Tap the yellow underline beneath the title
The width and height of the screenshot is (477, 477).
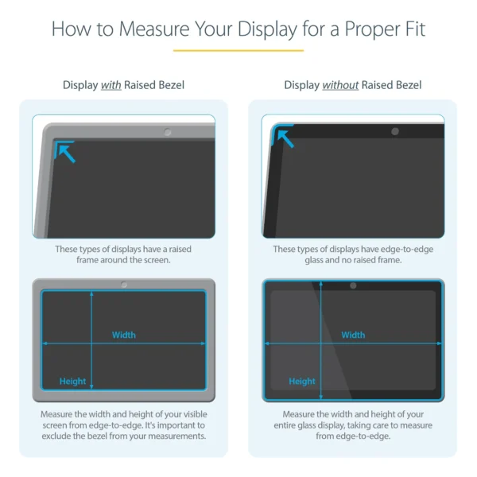click(x=238, y=50)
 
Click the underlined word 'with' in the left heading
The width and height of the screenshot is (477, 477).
click(x=111, y=85)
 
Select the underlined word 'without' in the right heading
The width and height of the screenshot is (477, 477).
click(x=340, y=85)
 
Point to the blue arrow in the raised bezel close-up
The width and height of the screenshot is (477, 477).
click(x=66, y=151)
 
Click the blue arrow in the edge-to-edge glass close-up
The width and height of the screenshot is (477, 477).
click(x=285, y=138)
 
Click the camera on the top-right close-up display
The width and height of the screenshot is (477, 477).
click(x=395, y=130)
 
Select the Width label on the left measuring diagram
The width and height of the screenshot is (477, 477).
click(x=124, y=335)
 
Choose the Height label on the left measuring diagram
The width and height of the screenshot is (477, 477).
click(x=72, y=382)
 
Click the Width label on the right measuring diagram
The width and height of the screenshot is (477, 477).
click(x=353, y=335)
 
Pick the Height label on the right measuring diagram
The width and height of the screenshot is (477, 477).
click(x=302, y=382)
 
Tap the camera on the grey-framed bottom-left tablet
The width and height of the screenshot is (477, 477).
click(x=123, y=285)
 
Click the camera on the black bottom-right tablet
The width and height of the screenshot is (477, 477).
click(x=353, y=285)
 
